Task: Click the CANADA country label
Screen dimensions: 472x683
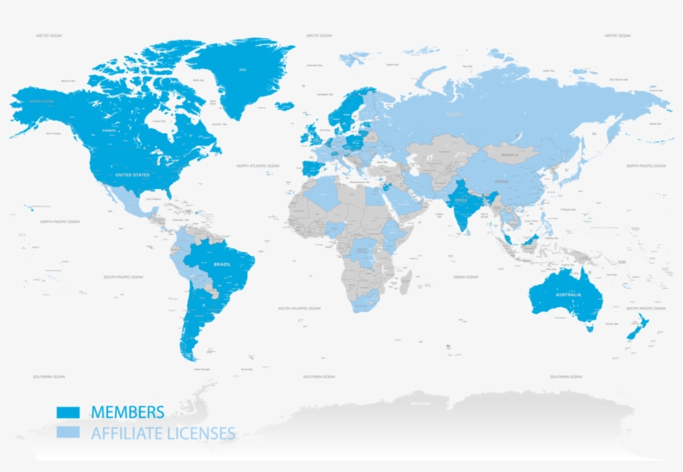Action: [x=108, y=131]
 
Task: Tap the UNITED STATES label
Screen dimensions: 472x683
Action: [x=132, y=175]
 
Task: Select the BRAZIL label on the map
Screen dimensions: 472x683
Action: [x=222, y=264]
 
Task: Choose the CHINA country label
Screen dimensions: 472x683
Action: [x=501, y=181]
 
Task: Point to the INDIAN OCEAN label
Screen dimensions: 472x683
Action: [x=466, y=276]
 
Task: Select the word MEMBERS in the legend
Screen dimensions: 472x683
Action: [x=127, y=412]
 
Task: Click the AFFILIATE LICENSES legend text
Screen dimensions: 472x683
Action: [x=162, y=433]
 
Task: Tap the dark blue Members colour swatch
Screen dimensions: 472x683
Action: [x=67, y=412]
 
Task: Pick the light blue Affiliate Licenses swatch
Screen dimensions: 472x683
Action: [x=67, y=433]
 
